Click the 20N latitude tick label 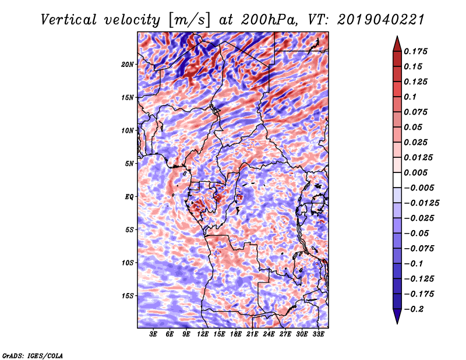point(128,65)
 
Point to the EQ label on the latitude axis point(129,197)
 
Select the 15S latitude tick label point(128,296)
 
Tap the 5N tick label point(129,164)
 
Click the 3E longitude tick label point(153,334)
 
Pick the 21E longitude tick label point(252,334)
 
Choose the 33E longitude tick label point(318,334)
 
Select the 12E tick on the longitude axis point(202,334)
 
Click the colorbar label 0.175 point(415,51)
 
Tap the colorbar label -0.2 point(414,309)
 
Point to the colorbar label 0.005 point(415,172)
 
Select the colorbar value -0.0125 point(422,203)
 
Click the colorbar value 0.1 point(410,97)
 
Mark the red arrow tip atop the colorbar point(397,36)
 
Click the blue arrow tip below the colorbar point(397,323)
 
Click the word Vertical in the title point(69,20)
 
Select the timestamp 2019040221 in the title point(381,20)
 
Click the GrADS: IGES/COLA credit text point(33,355)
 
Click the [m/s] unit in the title point(189,20)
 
